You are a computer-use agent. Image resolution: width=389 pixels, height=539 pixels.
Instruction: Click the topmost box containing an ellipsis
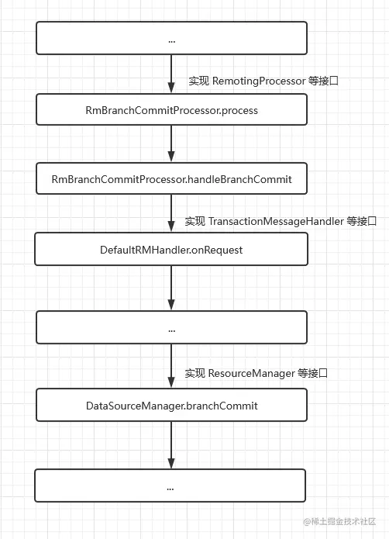click(x=171, y=38)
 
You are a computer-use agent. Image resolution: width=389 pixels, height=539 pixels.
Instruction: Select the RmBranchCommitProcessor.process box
click(x=171, y=110)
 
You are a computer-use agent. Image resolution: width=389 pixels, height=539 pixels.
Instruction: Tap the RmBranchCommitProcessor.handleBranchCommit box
click(x=171, y=179)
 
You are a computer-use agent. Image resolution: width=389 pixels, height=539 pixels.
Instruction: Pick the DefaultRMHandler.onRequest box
click(x=171, y=250)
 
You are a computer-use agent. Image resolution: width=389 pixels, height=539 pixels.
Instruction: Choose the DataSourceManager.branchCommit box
click(x=171, y=406)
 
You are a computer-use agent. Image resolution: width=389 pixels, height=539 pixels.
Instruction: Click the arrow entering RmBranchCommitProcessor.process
click(x=171, y=74)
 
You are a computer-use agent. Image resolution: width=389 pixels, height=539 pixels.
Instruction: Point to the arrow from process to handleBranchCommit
click(x=171, y=144)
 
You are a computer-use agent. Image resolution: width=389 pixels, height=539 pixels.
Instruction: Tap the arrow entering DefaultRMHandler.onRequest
click(x=171, y=214)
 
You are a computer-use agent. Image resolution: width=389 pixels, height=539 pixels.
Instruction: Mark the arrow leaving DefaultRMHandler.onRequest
click(x=171, y=289)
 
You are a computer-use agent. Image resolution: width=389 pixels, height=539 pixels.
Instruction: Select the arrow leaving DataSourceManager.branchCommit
click(x=171, y=446)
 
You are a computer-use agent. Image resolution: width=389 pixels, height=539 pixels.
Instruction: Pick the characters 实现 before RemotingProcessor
click(x=198, y=80)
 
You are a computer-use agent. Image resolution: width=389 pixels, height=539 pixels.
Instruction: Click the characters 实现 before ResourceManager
click(x=194, y=373)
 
